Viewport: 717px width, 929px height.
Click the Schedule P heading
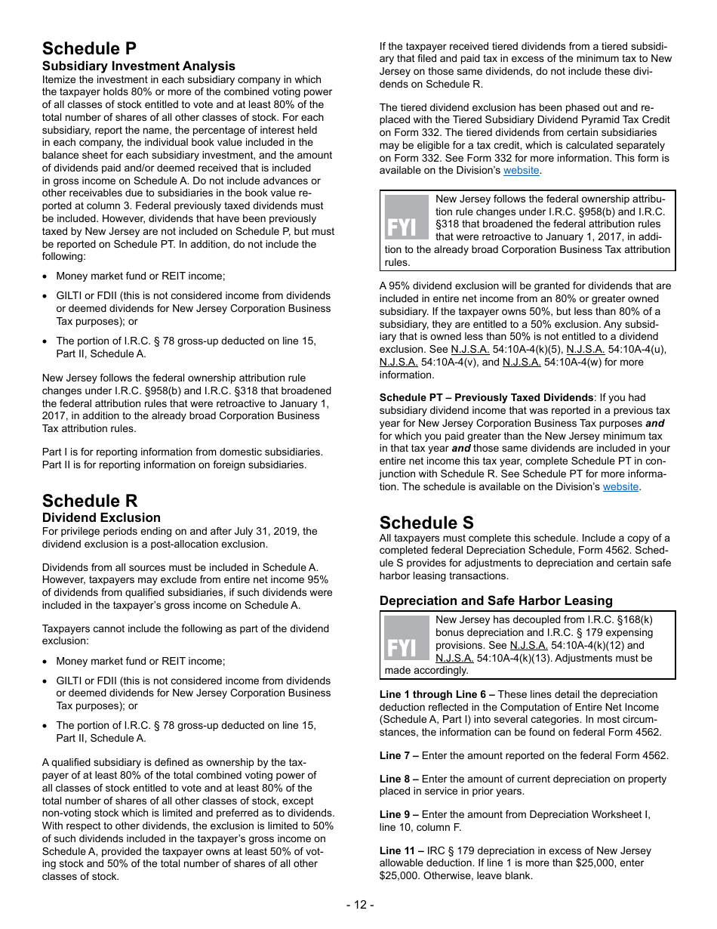coord(89,48)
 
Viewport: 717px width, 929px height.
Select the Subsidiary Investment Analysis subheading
coord(138,66)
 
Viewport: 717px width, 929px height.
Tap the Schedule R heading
coord(90,501)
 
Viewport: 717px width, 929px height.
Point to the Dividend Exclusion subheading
coord(101,518)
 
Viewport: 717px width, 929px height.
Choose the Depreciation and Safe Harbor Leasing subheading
coord(496,600)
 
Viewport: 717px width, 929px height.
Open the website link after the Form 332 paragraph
coord(522,171)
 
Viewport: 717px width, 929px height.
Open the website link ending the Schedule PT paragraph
coord(620,487)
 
